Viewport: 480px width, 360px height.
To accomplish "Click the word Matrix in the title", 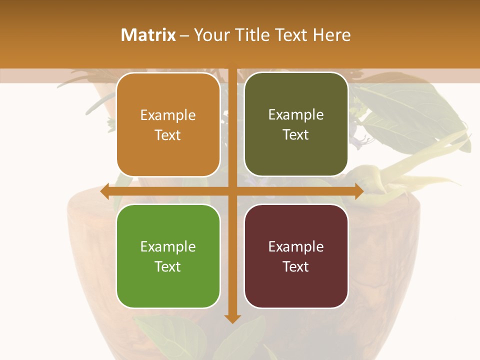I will (x=148, y=35).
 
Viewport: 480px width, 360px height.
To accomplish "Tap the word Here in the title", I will (x=331, y=35).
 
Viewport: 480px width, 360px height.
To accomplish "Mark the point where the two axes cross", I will (x=232, y=191).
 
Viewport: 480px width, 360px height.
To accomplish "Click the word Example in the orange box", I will (x=168, y=115).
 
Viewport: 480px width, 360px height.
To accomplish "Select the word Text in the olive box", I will (x=296, y=135).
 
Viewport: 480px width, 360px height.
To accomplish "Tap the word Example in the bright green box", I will (x=168, y=247).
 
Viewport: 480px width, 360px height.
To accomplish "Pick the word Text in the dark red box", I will (x=296, y=266).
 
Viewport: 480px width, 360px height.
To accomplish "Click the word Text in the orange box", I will (x=168, y=135).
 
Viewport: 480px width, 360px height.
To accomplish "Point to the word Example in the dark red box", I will (x=296, y=247).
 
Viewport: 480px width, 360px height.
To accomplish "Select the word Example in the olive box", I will (x=296, y=115).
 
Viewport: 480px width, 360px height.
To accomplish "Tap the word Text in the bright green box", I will (x=168, y=266).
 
